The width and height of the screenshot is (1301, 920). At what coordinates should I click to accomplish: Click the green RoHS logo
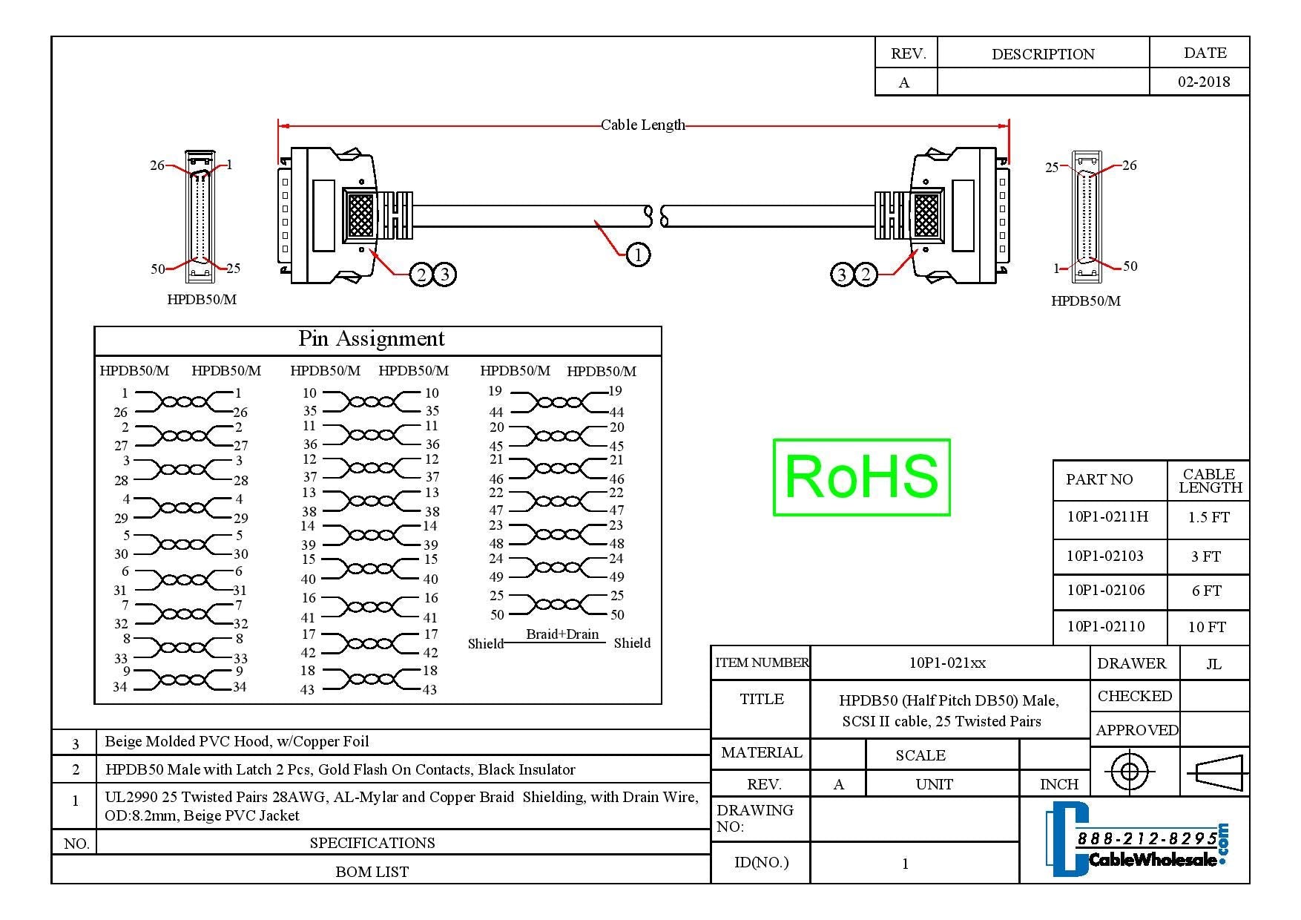coord(861,477)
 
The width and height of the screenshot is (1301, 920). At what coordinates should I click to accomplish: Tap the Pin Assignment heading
coord(371,339)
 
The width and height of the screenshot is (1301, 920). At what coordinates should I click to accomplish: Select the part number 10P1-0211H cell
coord(1107,517)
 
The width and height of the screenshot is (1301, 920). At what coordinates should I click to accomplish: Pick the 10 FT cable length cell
coord(1207,628)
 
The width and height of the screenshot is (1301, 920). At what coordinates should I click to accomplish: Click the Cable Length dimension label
coord(642,125)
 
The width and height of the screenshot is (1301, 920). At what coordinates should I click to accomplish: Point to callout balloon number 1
coord(638,254)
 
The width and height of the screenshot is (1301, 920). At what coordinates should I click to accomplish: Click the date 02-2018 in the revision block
coord(1203,82)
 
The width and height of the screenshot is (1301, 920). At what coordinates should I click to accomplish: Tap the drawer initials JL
coord(1213,664)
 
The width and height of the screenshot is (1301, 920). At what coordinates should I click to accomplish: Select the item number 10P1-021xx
coord(947,663)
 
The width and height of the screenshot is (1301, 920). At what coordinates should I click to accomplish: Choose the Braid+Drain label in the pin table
coord(562,634)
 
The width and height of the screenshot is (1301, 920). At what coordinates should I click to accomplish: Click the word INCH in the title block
coord(1058,785)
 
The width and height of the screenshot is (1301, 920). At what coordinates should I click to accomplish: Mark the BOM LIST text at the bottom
coord(372,872)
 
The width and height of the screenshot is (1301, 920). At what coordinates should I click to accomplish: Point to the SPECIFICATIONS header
coord(372,843)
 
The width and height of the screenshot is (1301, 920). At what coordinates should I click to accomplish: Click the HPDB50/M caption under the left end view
coord(202,300)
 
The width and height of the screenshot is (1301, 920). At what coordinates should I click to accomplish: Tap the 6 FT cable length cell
coord(1206,591)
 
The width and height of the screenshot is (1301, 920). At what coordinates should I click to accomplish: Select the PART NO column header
coord(1099,480)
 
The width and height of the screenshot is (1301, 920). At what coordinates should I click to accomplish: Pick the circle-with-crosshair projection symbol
coord(1129,772)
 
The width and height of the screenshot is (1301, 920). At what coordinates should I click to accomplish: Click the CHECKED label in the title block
coord(1134,697)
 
